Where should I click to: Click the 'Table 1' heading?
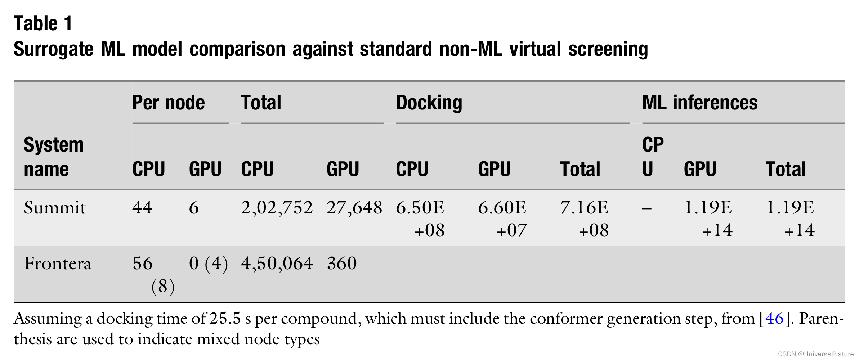(x=43, y=24)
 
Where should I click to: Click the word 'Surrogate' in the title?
(x=53, y=49)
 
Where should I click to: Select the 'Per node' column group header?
(x=168, y=103)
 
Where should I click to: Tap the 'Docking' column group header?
(x=429, y=103)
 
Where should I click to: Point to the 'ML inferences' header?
(x=699, y=103)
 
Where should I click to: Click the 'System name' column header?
(x=54, y=157)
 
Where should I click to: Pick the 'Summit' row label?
(x=55, y=208)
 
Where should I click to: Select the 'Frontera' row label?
(x=58, y=264)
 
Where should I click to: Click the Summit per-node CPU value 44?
(x=142, y=208)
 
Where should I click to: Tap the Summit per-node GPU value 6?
(x=194, y=208)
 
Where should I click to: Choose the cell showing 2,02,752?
(x=277, y=208)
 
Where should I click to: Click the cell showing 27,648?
(x=354, y=208)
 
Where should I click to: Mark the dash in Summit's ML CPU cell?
(x=647, y=208)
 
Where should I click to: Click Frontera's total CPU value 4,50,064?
(x=277, y=264)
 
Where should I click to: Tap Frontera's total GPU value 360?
(x=342, y=264)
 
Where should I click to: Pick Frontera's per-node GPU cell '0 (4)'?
(x=208, y=264)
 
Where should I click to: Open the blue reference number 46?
(x=774, y=319)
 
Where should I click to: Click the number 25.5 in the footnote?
(x=225, y=319)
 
